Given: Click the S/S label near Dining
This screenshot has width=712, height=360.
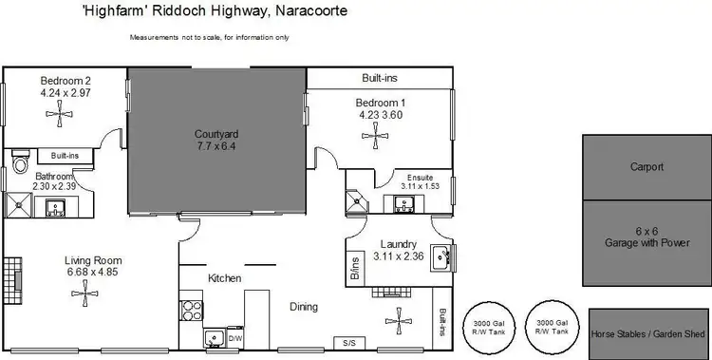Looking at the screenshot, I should point(348,342).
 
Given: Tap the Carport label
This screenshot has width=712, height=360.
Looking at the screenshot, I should point(646,167).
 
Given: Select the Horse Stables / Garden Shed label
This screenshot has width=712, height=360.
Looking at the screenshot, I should point(650,334).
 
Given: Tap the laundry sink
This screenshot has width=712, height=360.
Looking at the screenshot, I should point(440,256).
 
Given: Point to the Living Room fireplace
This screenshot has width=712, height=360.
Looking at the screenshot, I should point(11,277).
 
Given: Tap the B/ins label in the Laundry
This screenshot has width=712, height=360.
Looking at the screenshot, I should point(355,268).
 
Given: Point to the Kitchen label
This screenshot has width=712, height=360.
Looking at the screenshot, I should point(225,277).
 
